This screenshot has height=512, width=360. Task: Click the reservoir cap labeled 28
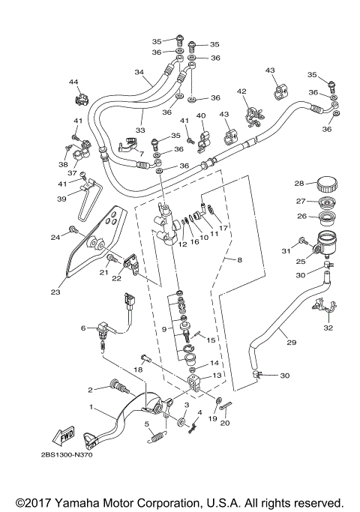point(327,184)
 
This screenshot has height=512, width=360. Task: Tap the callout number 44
point(73,82)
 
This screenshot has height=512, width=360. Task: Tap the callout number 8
point(240,260)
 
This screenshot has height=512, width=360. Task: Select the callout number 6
point(84,328)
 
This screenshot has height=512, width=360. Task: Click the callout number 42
point(241,91)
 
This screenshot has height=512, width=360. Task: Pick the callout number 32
point(328,328)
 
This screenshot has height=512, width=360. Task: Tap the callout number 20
point(226,423)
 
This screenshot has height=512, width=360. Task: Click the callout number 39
point(63,199)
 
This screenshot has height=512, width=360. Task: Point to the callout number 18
point(138,370)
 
